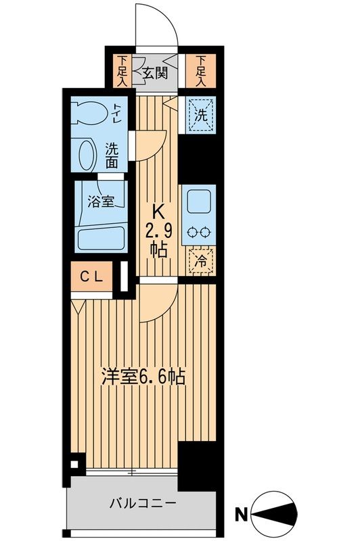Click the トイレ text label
coord(118,112)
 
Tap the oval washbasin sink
coord(88,155)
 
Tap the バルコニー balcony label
coord(143,504)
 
